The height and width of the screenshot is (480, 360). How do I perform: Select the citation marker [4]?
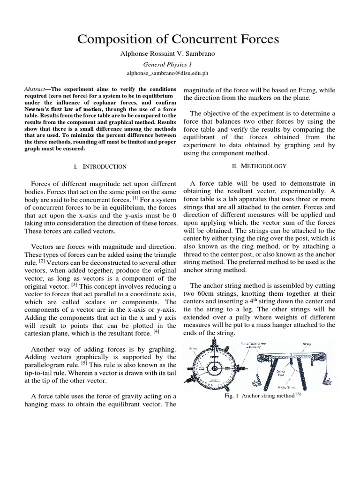tap(156, 332)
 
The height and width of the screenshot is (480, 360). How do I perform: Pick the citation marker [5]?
tap(84, 363)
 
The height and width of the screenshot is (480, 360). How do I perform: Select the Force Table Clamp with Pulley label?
tap(254, 345)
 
